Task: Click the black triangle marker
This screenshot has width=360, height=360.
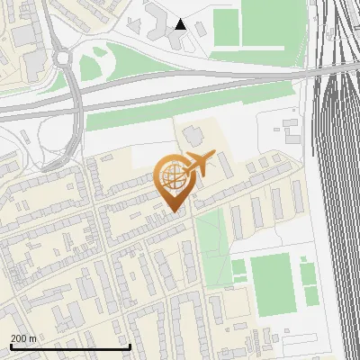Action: click(x=181, y=24)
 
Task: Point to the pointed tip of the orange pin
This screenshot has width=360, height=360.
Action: click(x=172, y=211)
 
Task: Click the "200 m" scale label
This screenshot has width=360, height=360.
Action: click(x=24, y=337)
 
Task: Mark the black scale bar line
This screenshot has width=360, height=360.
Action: click(x=70, y=346)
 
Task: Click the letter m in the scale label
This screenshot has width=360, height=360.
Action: click(x=32, y=337)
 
